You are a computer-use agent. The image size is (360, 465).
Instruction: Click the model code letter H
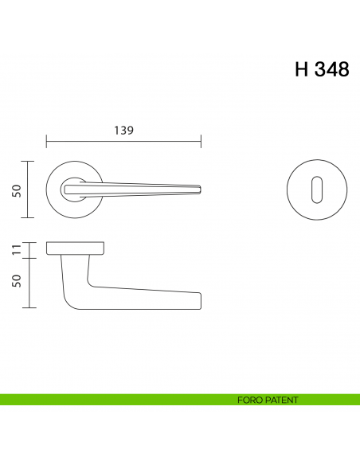(302, 69)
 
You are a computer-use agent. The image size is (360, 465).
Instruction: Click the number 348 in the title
(331, 69)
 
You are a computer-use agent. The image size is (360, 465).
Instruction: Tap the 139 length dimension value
(123, 130)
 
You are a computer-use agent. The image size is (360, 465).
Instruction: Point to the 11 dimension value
(15, 250)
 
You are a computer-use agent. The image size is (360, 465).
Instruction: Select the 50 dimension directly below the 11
(15, 283)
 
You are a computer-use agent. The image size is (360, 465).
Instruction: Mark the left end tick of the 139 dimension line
(47, 143)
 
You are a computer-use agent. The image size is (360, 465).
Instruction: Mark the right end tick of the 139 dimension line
(201, 143)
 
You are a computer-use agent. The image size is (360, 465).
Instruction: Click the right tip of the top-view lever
(199, 190)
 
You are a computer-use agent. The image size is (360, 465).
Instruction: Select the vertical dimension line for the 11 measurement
(29, 250)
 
